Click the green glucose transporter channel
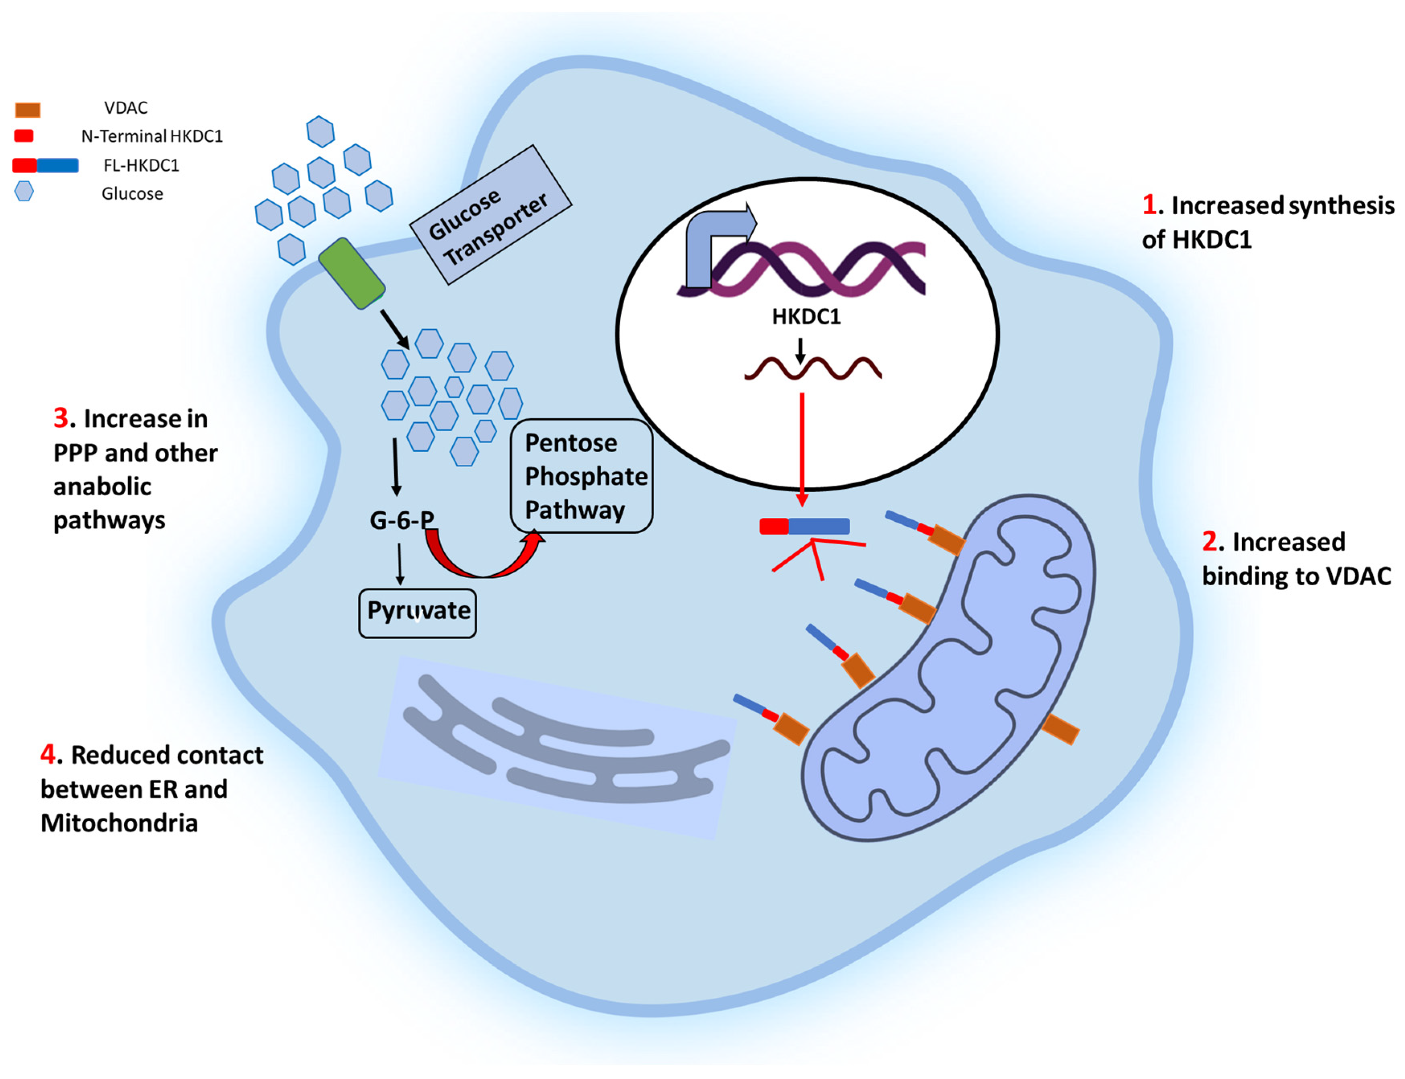click(x=351, y=274)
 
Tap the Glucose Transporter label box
click(x=490, y=215)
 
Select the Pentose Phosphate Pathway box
click(x=581, y=476)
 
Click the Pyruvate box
click(x=417, y=613)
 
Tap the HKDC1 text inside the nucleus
click(x=806, y=317)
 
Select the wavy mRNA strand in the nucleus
click(x=812, y=369)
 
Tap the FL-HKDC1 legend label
click(x=141, y=166)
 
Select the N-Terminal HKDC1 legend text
click(x=152, y=136)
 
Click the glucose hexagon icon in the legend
click(x=24, y=191)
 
